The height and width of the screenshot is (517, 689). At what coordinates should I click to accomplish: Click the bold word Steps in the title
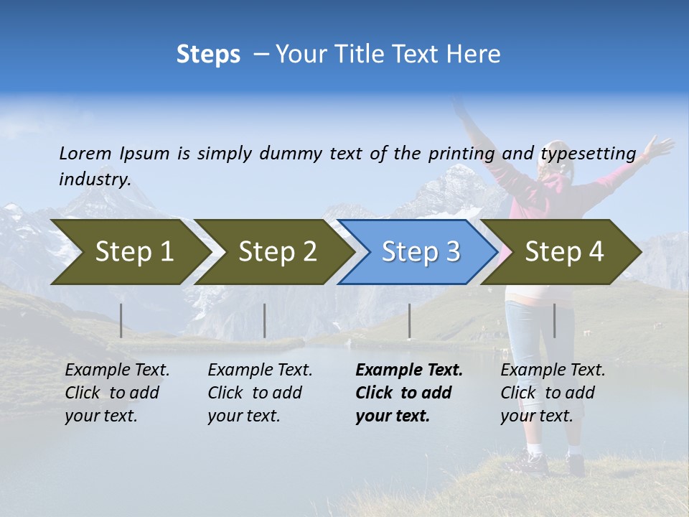coord(208,55)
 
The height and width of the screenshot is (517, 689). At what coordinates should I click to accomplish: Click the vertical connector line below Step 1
coord(121,320)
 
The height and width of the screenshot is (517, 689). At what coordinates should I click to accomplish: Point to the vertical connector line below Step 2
coord(265,320)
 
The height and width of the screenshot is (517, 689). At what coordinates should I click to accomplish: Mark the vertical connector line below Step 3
coord(410,320)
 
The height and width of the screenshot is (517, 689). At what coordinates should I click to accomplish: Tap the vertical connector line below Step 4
coord(554,320)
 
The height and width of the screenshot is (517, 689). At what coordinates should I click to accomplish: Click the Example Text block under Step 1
coord(117,393)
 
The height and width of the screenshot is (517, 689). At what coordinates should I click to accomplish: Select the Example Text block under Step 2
coord(260,393)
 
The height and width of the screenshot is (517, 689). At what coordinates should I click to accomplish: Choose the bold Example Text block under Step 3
coord(409,393)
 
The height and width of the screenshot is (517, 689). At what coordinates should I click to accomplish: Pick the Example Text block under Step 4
coord(553,393)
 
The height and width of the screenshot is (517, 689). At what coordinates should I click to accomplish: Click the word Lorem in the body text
coord(85,153)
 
